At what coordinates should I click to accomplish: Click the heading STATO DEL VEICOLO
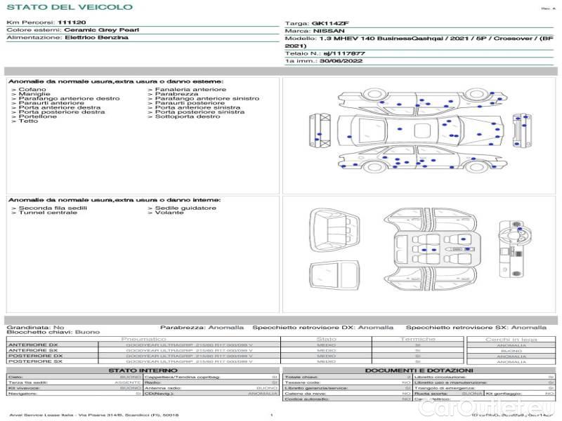click(x=69, y=7)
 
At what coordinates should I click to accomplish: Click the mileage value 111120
click(x=72, y=22)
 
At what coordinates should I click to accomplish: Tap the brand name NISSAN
click(x=329, y=31)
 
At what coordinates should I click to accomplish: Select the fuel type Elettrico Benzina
click(x=96, y=37)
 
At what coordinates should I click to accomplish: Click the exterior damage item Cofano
click(x=32, y=90)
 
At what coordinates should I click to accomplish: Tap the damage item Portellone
click(x=38, y=116)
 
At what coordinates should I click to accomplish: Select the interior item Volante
click(x=169, y=213)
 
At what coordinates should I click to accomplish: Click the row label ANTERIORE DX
click(x=32, y=345)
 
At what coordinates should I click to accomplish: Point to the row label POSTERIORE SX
click(x=33, y=361)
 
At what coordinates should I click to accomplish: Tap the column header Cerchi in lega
click(x=511, y=339)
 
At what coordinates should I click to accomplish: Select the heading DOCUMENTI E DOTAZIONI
click(x=419, y=370)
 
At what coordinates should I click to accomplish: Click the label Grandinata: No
click(x=35, y=327)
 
